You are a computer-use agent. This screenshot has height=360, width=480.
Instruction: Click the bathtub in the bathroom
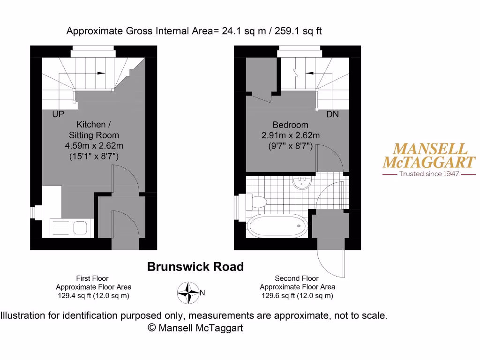[277, 226]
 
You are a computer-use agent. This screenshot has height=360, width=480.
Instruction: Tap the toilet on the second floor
[257, 202]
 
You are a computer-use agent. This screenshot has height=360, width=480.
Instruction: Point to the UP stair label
[58, 114]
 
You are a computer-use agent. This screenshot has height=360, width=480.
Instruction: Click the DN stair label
[332, 114]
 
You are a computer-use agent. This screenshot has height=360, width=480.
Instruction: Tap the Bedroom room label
[291, 125]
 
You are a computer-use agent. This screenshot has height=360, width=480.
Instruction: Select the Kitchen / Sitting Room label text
[94, 129]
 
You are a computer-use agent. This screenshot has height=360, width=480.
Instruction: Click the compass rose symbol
[188, 292]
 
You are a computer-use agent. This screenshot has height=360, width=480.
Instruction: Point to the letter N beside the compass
[202, 293]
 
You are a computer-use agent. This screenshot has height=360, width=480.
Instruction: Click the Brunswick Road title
[195, 267]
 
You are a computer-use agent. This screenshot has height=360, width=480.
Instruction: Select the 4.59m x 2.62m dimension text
[94, 146]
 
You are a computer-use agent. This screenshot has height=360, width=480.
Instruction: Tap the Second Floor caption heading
[297, 278]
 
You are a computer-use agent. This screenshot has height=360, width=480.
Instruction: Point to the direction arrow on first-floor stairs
[100, 73]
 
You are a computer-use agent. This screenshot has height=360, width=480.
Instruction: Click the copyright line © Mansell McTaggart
[195, 328]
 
